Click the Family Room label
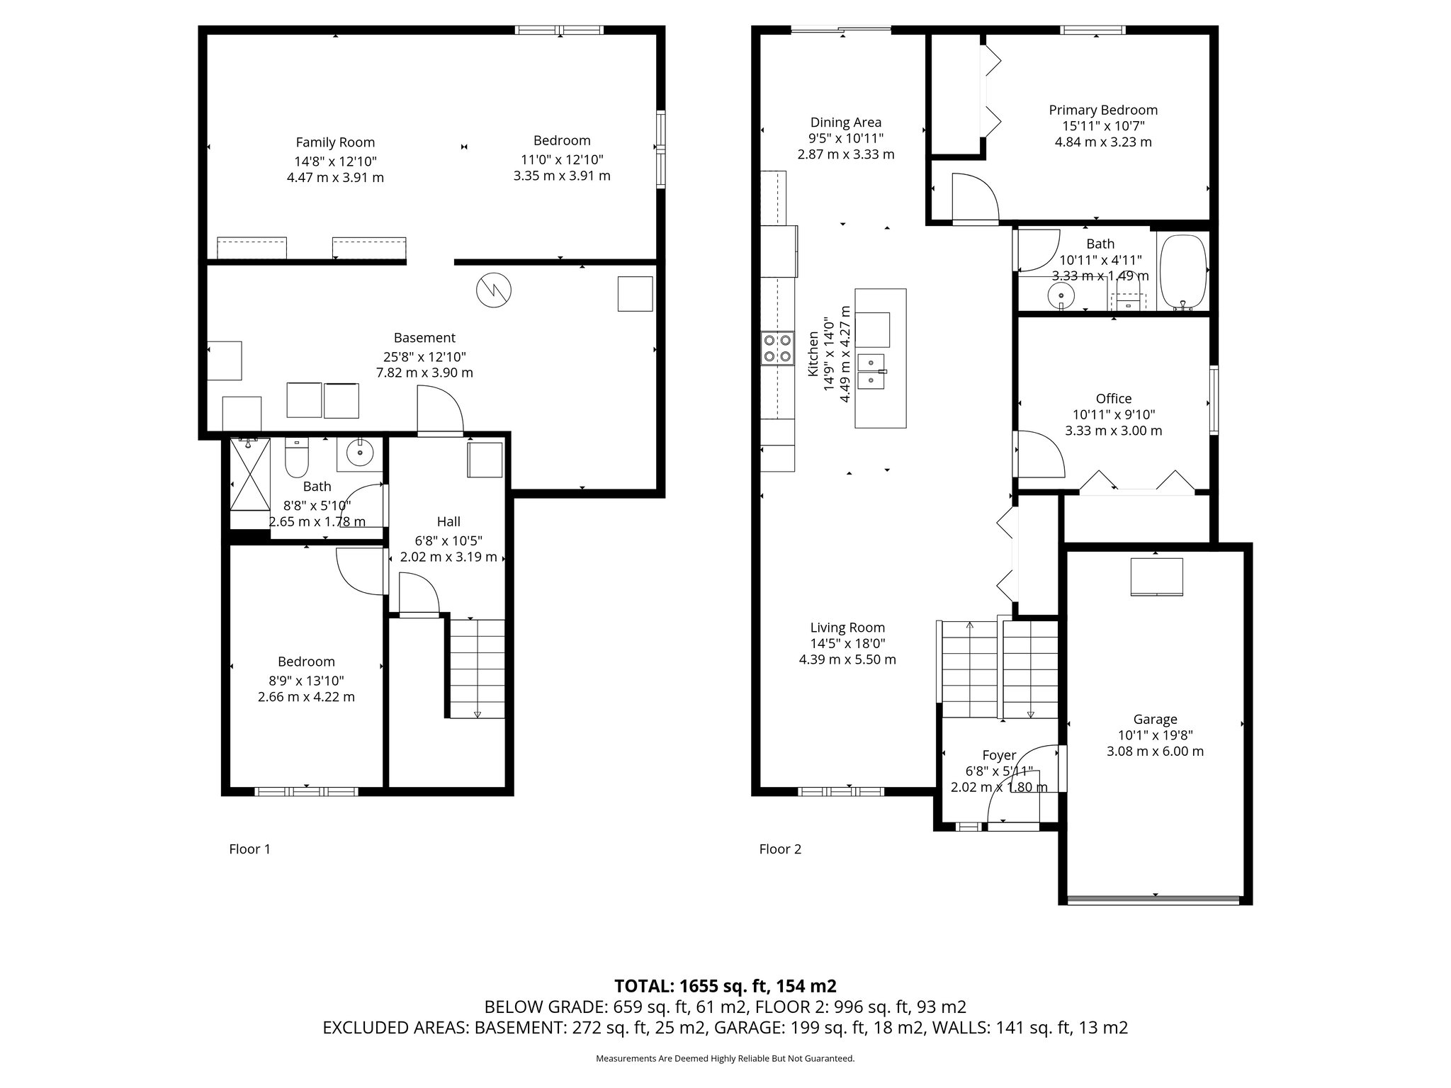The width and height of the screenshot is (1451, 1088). pos(335,142)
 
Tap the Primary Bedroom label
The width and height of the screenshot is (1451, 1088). pos(1103,110)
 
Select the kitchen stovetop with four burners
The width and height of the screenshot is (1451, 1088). pos(777,348)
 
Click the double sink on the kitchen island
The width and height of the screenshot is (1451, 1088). pos(871,371)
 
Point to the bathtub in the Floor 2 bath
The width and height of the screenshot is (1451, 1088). pos(1182,271)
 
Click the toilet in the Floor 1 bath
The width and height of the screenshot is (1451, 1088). pos(295,458)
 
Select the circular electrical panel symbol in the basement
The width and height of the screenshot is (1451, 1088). pos(493,290)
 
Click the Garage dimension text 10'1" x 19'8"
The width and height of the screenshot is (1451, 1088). pos(1155,735)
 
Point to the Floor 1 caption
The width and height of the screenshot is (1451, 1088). pos(249,849)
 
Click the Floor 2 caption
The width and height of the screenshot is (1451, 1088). pos(780,849)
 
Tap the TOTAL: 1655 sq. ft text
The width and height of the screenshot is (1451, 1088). pos(725,986)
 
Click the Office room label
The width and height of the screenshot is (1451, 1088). pos(1114,398)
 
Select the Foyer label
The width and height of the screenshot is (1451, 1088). pos(999,755)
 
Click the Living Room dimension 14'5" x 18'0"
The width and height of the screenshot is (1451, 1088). pos(847,643)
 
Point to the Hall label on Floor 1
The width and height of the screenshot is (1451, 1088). pos(448,521)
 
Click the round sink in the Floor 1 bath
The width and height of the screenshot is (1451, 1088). pos(361,452)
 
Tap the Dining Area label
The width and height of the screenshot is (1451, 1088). pos(846,122)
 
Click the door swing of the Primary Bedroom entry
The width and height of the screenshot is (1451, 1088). pos(974,198)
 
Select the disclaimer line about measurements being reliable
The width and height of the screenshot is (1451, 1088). pos(725,1058)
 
